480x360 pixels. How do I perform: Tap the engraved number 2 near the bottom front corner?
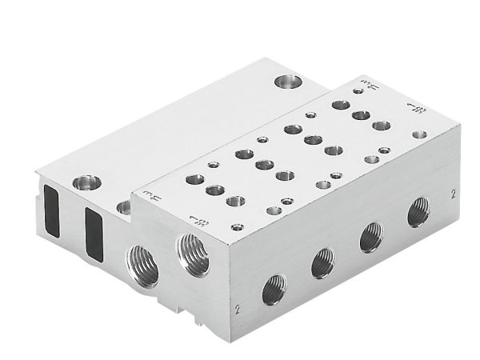pyautogui.click(x=238, y=307)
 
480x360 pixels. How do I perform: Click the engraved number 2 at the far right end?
pyautogui.click(x=453, y=193)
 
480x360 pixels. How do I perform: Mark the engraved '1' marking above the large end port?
pyautogui.click(x=191, y=220)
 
